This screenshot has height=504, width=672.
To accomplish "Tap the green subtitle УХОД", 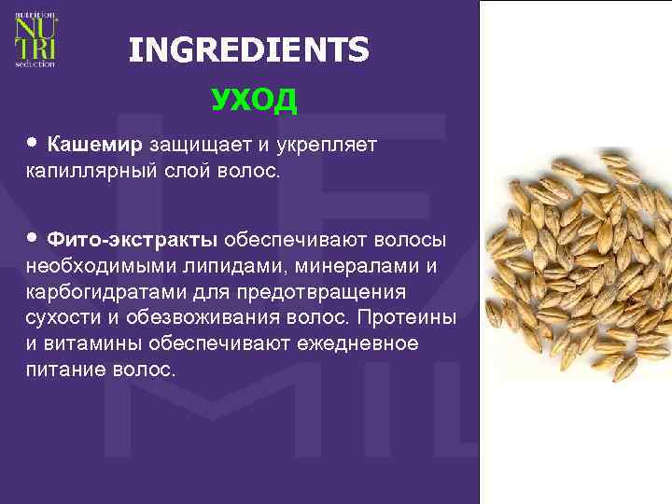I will pyautogui.click(x=254, y=99).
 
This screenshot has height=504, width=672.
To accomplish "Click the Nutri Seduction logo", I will pyautogui.click(x=35, y=40).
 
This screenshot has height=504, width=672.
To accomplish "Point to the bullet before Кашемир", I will pyautogui.click(x=33, y=145).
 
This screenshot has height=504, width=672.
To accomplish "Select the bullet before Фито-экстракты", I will pyautogui.click(x=33, y=238).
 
